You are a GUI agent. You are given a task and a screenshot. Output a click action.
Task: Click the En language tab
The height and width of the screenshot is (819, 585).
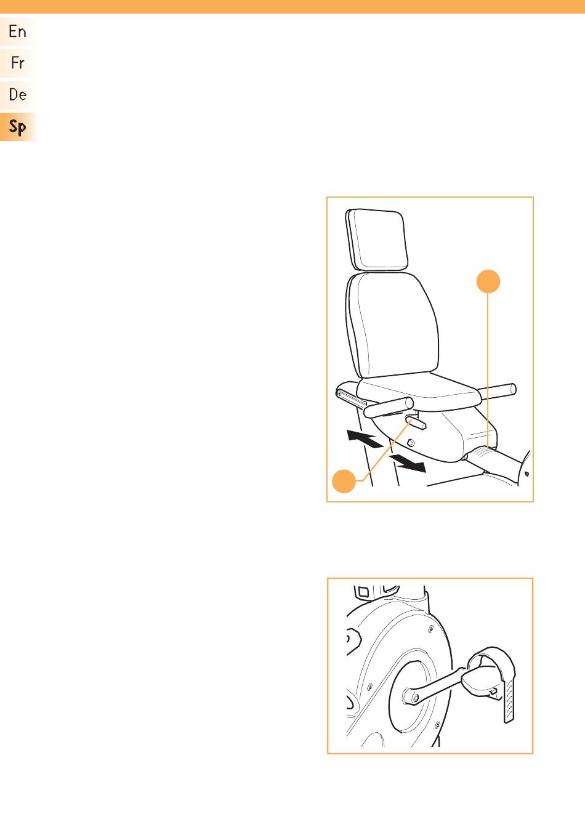[17, 31]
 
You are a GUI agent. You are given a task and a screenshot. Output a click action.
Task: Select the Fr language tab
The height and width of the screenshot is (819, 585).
[17, 63]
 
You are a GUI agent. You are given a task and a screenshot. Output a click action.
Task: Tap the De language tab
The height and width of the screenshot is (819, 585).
[17, 95]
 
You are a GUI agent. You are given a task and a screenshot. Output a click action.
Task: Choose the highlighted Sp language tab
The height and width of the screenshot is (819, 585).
[17, 127]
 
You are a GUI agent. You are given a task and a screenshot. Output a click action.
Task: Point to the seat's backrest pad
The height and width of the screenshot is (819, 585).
[392, 325]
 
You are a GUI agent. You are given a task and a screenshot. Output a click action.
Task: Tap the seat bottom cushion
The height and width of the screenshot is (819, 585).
[417, 390]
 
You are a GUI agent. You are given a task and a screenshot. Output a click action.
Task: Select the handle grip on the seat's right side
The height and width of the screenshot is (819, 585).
[498, 390]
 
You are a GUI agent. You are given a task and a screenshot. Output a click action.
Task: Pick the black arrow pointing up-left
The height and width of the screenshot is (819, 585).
[365, 438]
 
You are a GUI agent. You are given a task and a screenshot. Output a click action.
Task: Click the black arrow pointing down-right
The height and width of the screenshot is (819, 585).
[407, 463]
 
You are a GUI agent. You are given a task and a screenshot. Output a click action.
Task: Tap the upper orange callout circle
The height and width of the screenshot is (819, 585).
[488, 281]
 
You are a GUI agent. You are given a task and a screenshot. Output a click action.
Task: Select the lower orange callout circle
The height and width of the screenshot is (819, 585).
[344, 481]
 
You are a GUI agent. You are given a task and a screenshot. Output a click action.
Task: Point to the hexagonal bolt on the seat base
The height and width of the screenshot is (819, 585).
[410, 443]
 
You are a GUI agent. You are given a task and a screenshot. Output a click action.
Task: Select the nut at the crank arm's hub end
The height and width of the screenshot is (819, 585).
[415, 699]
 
